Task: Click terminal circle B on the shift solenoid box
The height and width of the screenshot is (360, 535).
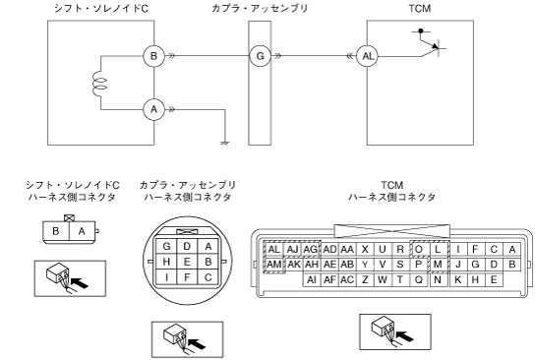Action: (x=153, y=56)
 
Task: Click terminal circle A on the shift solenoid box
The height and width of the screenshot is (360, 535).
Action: (x=153, y=109)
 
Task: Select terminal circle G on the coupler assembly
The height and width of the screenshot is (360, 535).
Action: (x=260, y=56)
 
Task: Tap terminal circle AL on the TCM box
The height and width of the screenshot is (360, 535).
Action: (x=368, y=56)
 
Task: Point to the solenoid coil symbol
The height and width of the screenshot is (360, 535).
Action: (x=99, y=83)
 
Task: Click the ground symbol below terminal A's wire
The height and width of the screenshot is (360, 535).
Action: (x=225, y=143)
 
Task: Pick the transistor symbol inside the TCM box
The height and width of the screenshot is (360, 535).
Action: (x=430, y=42)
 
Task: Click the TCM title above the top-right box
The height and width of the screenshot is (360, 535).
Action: (x=420, y=8)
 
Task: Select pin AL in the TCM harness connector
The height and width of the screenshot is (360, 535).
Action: (x=273, y=250)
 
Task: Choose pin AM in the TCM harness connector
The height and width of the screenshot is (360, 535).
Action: (x=273, y=265)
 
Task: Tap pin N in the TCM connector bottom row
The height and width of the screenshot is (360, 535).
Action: (x=438, y=279)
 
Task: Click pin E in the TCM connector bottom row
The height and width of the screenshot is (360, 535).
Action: (x=494, y=279)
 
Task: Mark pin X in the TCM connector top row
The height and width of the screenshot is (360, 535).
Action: (x=365, y=250)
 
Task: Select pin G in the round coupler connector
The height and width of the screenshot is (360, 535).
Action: (x=166, y=246)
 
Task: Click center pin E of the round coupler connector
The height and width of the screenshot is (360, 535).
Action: (x=187, y=262)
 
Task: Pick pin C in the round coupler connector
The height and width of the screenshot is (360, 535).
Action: (x=208, y=277)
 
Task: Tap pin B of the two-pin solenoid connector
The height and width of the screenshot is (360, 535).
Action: (x=56, y=231)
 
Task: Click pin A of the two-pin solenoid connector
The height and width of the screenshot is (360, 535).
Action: (x=82, y=231)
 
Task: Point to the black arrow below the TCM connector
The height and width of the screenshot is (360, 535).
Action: (x=404, y=335)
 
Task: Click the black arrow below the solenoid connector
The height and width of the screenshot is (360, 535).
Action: (x=80, y=282)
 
